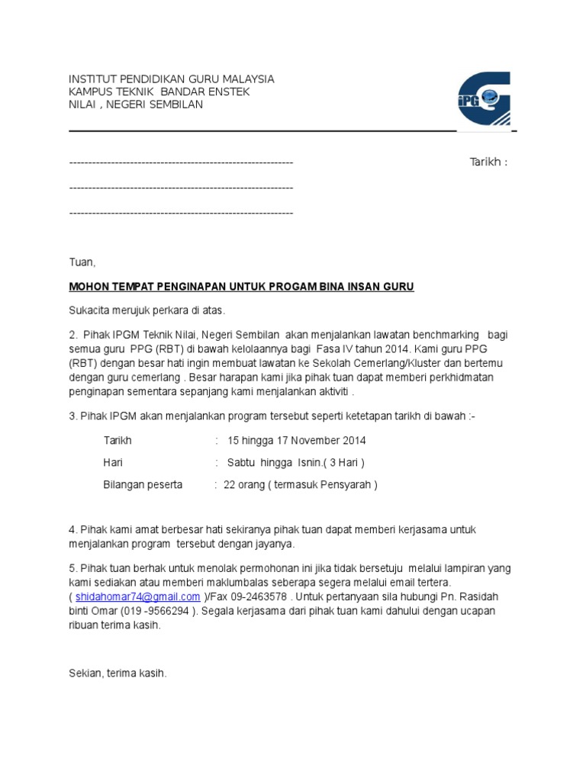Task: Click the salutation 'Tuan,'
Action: click(82, 262)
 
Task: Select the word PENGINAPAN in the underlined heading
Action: click(193, 287)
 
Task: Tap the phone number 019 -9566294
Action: click(151, 610)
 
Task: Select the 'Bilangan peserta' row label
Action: click(143, 484)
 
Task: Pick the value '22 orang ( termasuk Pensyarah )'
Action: click(300, 484)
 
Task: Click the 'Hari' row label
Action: click(113, 462)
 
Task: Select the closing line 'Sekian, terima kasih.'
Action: click(118, 674)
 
